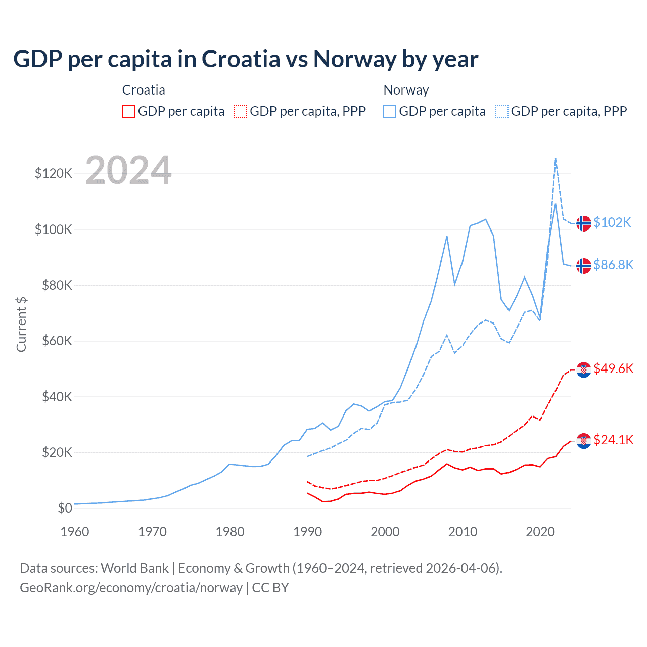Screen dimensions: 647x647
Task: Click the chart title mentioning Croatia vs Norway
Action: click(x=246, y=59)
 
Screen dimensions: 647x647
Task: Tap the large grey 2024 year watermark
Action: click(x=128, y=170)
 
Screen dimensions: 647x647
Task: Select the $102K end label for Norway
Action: click(x=612, y=222)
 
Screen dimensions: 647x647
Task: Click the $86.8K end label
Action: click(x=613, y=265)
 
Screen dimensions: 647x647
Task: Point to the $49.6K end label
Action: click(x=613, y=368)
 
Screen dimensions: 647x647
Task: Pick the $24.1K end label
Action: click(x=613, y=440)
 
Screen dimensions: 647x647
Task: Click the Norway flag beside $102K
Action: click(x=584, y=223)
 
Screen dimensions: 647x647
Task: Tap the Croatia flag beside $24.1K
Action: click(x=584, y=441)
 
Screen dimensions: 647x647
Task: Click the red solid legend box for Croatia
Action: click(x=129, y=111)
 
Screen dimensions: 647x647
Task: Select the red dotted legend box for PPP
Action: click(x=241, y=111)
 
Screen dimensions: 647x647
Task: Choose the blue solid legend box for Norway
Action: click(x=390, y=111)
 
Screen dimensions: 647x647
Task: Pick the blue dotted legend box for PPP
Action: click(x=502, y=111)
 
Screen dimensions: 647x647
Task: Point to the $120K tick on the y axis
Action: click(x=54, y=174)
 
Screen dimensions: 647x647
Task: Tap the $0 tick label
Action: click(x=65, y=508)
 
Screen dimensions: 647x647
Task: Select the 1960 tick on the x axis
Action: click(x=75, y=532)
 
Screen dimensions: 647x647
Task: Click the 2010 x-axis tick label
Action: click(x=463, y=532)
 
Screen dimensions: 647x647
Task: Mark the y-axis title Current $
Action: click(x=21, y=324)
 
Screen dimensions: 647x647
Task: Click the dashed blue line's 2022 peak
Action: click(x=556, y=159)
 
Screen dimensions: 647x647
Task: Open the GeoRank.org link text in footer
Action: click(x=131, y=588)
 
